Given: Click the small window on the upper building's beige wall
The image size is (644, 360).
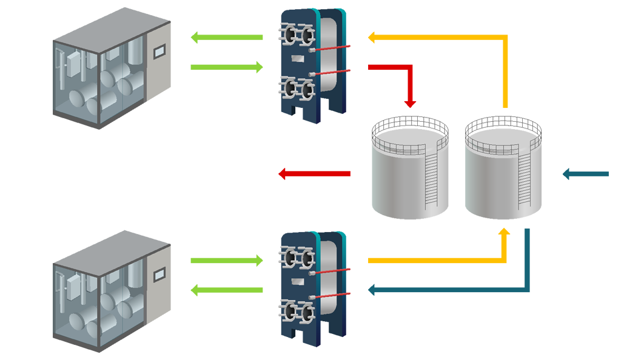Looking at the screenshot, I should click(158, 53).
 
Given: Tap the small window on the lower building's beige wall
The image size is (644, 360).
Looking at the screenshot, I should click(158, 274).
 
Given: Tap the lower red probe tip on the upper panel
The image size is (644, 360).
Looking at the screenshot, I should click(354, 70).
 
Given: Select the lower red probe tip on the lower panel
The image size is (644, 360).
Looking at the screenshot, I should click(354, 293).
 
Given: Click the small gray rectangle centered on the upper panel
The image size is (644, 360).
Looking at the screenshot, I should click(297, 58).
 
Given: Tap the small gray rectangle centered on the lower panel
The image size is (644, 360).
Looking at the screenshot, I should click(297, 281).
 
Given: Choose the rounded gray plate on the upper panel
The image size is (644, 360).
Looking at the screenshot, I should click(327, 55).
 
